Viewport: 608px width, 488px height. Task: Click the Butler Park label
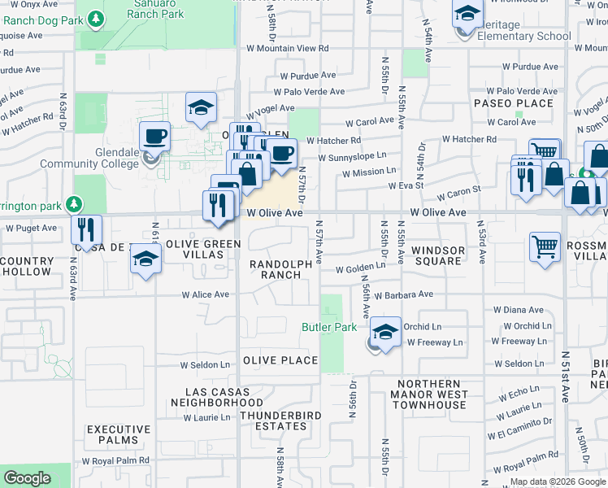pyautogui.click(x=330, y=327)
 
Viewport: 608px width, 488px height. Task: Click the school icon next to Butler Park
pyautogui.click(x=387, y=332)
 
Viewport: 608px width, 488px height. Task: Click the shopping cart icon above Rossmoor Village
pyautogui.click(x=545, y=245)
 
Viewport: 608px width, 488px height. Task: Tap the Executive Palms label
pyautogui.click(x=119, y=434)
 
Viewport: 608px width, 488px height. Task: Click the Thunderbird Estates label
pyautogui.click(x=280, y=420)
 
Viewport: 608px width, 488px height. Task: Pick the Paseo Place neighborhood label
pyautogui.click(x=514, y=103)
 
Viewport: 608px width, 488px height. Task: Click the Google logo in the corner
pyautogui.click(x=28, y=478)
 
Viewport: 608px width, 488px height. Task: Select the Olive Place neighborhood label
pyautogui.click(x=280, y=360)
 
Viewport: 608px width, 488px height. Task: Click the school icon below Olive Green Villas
pyautogui.click(x=145, y=259)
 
